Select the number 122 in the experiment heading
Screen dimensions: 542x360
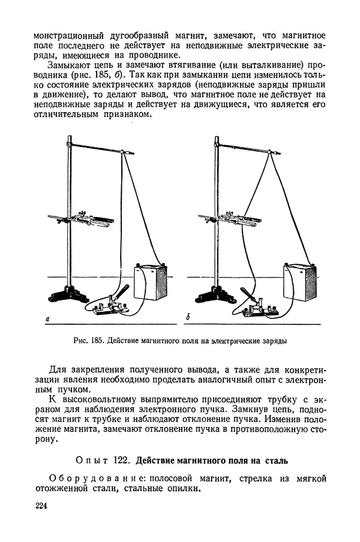coord(119,461)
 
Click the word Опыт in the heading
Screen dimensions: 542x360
coord(91,461)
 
